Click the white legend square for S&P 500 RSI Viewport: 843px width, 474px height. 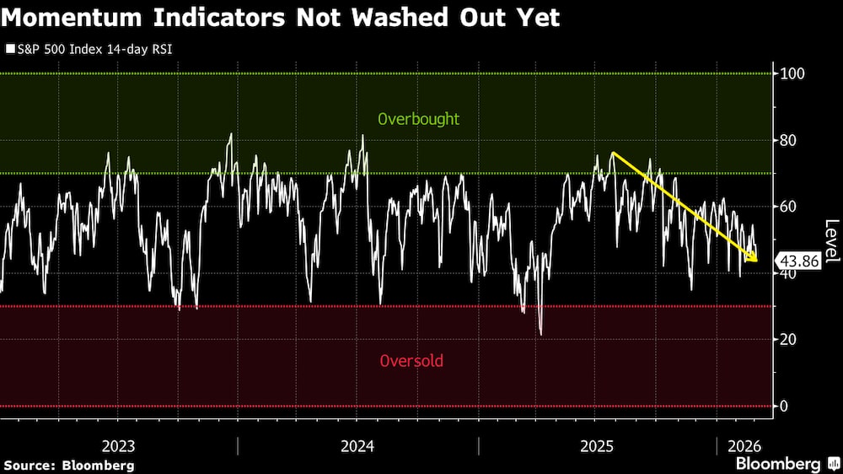9,50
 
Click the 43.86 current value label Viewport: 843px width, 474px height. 797,261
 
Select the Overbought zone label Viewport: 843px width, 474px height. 419,119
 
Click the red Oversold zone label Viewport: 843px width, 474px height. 411,361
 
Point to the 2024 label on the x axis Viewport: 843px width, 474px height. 357,446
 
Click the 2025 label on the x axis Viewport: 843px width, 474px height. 595,446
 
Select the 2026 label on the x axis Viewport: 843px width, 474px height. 744,446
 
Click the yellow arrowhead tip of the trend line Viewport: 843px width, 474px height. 755,261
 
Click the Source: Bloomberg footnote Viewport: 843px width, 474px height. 69,465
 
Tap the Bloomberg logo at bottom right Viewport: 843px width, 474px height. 778,464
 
